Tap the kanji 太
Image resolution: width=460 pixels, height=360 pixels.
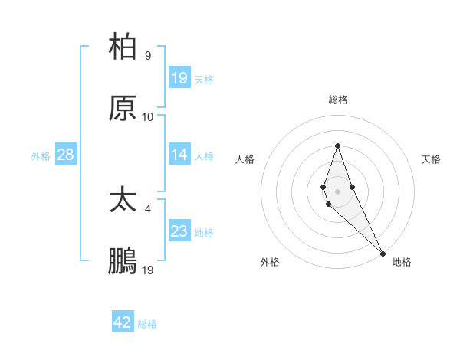123,200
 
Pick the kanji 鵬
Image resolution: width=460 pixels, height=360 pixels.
123,261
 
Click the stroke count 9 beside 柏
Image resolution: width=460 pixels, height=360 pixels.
148,55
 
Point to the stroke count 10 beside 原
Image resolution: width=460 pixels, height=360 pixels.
148,116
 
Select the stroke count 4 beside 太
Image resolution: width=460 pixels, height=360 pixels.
148,208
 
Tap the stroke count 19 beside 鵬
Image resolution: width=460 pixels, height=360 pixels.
148,270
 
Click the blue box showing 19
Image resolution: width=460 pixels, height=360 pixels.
179,78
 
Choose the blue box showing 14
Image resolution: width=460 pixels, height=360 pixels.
179,155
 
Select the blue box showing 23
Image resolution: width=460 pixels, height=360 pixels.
179,231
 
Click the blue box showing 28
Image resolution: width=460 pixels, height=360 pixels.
66,155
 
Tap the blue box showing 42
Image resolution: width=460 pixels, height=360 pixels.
123,322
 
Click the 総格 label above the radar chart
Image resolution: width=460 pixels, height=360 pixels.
337,100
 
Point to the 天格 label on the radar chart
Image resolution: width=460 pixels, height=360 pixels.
432,159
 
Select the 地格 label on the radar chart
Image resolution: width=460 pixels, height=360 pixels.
402,262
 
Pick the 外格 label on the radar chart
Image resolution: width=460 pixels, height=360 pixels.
270,262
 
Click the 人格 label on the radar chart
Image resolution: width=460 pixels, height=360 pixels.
245,159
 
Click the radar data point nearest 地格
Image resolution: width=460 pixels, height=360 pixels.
383,254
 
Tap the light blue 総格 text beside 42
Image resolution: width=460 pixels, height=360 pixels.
147,324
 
